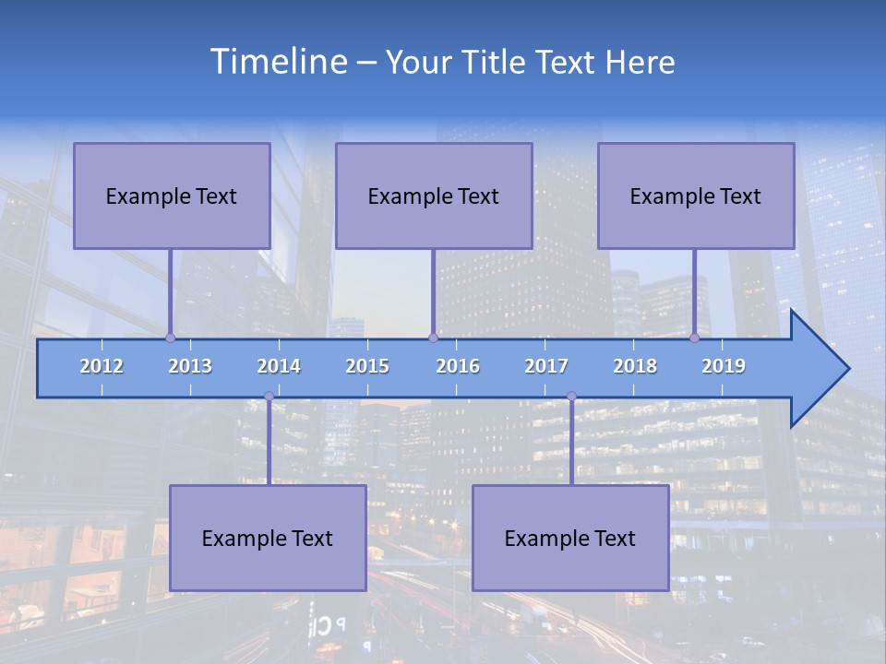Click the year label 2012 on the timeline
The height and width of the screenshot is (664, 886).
(102, 366)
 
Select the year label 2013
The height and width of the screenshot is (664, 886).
(190, 366)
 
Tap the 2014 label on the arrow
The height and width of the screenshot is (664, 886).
(279, 366)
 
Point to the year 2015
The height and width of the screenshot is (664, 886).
(367, 366)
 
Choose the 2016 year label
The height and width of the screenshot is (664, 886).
(458, 366)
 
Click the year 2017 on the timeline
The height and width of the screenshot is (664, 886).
(546, 366)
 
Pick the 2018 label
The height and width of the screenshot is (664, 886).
(635, 366)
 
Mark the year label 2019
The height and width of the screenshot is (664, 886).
(724, 366)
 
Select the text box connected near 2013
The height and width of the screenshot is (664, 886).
(172, 196)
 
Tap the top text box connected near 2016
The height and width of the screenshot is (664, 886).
(434, 196)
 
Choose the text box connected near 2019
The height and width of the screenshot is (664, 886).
(696, 196)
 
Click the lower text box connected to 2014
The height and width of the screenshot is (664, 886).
(268, 538)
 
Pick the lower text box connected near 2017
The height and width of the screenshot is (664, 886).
(570, 538)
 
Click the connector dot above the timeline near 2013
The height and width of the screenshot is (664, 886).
(171, 338)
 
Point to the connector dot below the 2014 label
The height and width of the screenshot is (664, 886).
(269, 397)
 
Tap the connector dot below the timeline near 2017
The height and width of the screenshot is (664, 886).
(571, 397)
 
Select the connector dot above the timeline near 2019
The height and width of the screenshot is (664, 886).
(694, 338)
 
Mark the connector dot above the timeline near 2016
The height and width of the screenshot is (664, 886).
(433, 338)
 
